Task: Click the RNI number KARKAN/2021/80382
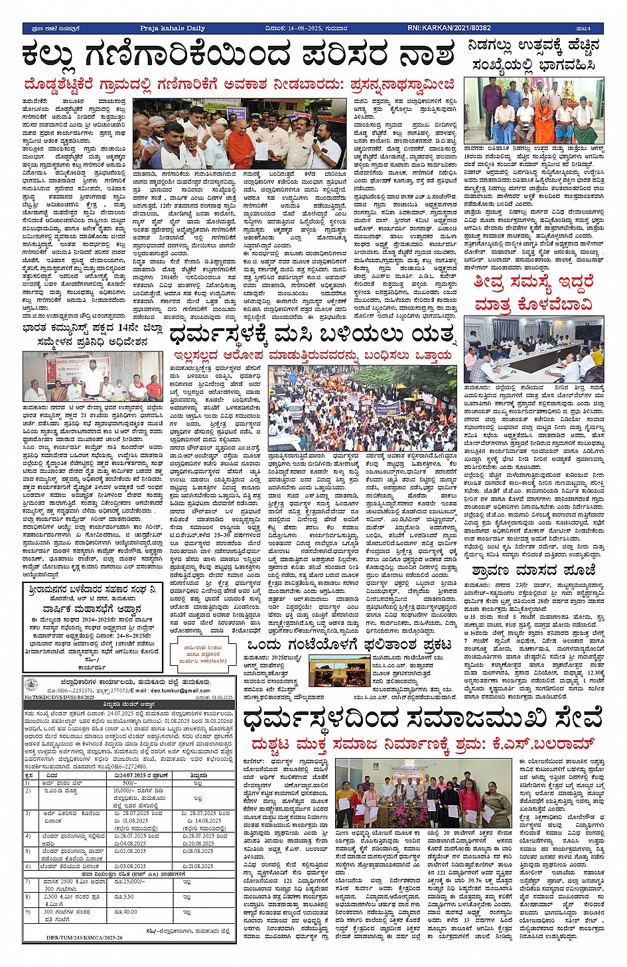coord(449,28)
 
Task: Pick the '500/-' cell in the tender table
coord(125,783)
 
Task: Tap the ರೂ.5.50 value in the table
coord(125,897)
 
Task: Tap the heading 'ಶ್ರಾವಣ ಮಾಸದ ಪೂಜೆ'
coord(533,570)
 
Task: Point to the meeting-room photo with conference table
coord(533,350)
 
